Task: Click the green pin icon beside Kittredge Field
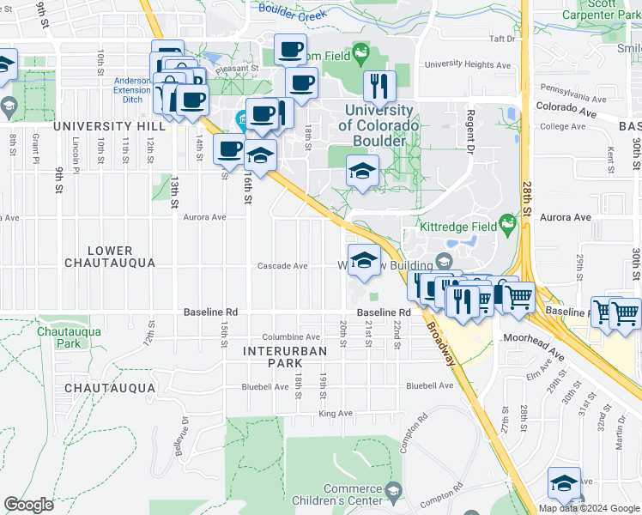point(508,225)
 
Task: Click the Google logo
point(29,505)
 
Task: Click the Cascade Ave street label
point(282,266)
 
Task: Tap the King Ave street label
point(336,413)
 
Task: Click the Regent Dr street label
point(471,130)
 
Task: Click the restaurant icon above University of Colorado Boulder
point(379,86)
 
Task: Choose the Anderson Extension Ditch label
point(132,90)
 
